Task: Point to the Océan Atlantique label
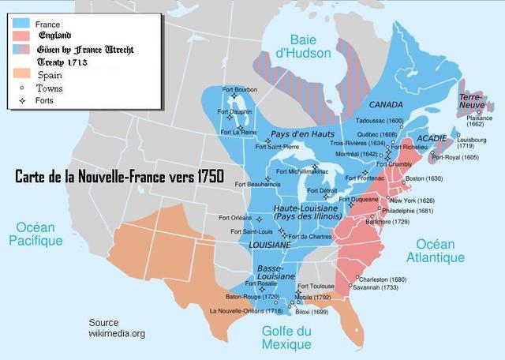[436, 250]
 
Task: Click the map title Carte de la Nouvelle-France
[118, 177]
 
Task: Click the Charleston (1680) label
[381, 279]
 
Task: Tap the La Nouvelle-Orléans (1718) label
[246, 311]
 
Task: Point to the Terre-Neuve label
[471, 102]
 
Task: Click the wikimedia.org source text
[117, 334]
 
